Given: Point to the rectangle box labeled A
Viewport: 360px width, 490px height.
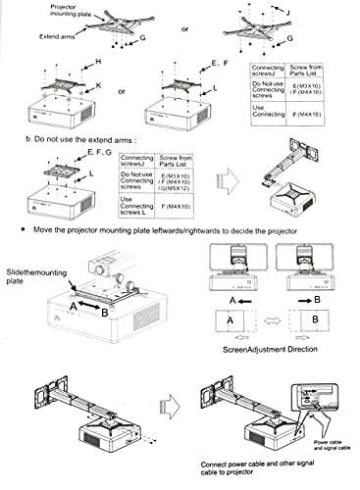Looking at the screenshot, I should pos(229,321).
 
